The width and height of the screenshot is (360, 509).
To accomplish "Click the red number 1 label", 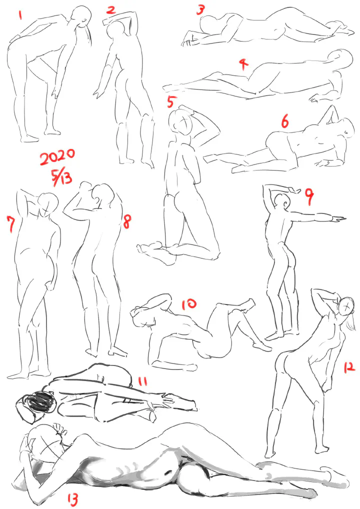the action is point(21,15).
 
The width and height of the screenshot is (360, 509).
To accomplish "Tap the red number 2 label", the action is point(111,9).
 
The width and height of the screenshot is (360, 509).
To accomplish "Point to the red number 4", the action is point(243,63).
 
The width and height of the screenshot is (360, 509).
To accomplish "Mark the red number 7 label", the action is point(11,224).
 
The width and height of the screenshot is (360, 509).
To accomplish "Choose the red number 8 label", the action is point(126,221).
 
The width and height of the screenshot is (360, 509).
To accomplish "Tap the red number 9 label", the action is point(309,197).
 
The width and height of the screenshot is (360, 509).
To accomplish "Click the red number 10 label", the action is point(189,304).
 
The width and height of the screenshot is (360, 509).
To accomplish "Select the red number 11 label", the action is point(142,381).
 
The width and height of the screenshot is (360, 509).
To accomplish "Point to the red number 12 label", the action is point(349,367).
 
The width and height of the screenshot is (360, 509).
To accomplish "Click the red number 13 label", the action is point(72,499).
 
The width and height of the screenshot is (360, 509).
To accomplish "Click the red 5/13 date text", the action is point(61,177).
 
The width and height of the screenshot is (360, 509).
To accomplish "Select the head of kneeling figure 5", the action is point(181,122).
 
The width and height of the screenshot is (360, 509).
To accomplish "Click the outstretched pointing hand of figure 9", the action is point(338,220).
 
